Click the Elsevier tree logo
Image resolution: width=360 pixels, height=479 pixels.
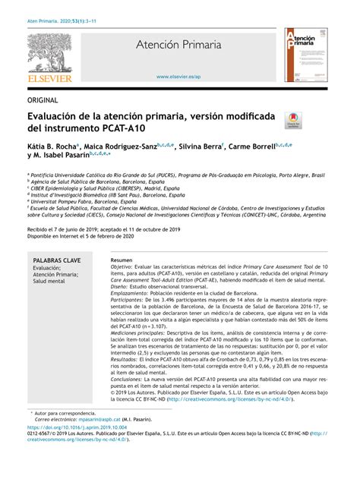click(49, 52)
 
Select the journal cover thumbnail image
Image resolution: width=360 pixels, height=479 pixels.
click(305, 55)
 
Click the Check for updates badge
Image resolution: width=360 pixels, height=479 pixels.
click(292, 121)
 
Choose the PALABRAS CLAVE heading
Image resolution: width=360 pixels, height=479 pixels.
click(57, 260)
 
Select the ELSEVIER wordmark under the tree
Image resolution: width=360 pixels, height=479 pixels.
click(49, 78)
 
